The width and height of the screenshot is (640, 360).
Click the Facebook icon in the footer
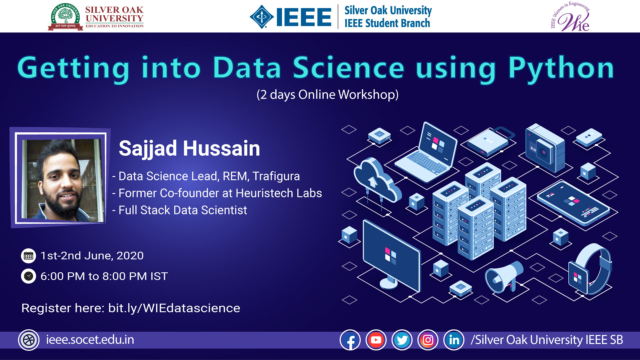pos(350,340)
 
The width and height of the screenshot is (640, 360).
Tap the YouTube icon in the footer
pos(376,340)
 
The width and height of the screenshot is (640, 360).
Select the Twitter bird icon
pos(402,340)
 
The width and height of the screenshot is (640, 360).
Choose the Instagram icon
pos(428,340)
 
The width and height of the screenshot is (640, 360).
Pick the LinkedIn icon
pos(454,340)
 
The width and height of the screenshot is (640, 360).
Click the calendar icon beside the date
pos(28,256)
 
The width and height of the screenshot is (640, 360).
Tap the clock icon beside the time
pos(28,276)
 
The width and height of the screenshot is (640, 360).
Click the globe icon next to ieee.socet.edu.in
pos(29,340)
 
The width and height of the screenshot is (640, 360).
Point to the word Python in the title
pos(561,69)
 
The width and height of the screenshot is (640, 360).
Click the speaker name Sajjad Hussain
pos(189,148)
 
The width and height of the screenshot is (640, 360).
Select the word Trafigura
pos(276,176)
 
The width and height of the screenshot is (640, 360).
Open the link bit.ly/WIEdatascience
pos(174,308)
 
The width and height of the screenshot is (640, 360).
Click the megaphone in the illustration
pos(504,276)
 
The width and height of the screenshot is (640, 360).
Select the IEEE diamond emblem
pos(262,17)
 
